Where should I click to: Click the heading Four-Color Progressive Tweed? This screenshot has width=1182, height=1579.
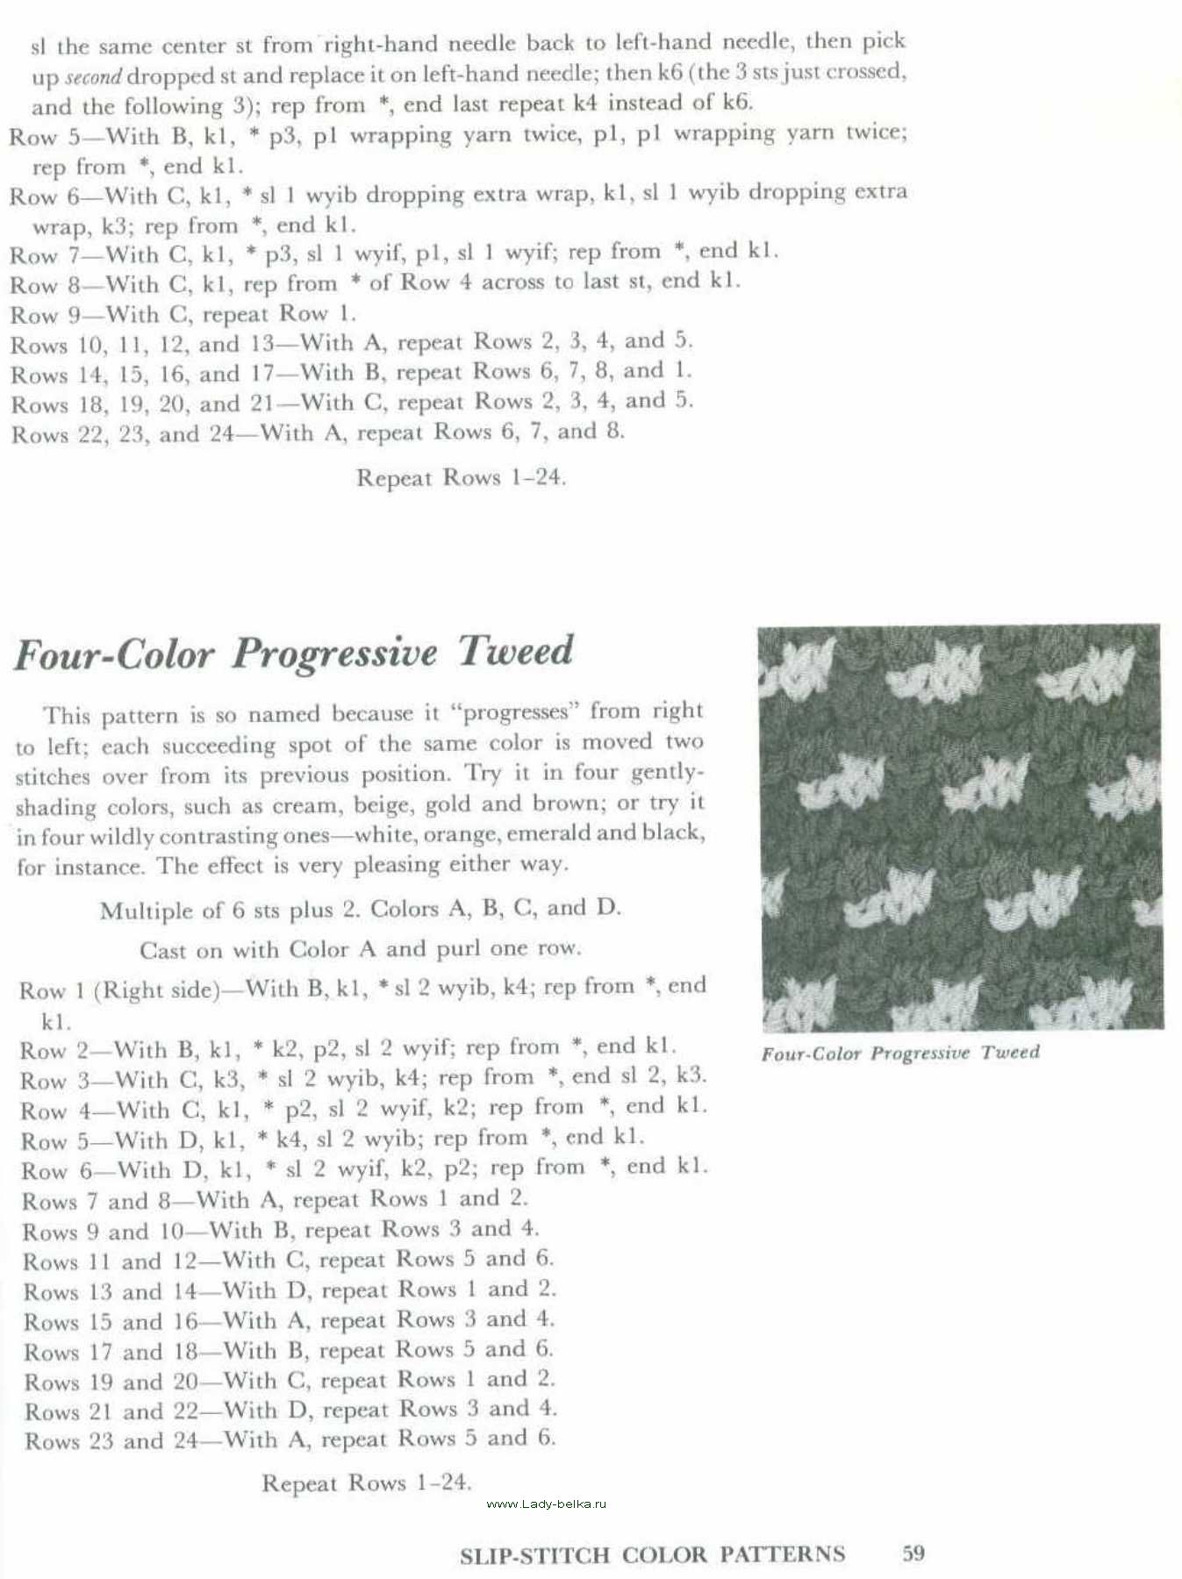click(294, 654)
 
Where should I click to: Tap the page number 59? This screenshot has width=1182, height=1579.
click(913, 1553)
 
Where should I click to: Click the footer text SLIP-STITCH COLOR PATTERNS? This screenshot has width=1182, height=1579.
click(652, 1554)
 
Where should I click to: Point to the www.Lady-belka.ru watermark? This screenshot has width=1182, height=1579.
click(546, 1504)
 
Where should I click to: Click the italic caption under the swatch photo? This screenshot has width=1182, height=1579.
click(899, 1053)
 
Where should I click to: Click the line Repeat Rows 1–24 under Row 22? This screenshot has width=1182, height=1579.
click(461, 478)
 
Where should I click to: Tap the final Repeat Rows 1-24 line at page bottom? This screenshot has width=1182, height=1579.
click(367, 1483)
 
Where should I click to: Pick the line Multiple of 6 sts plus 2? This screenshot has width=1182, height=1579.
click(360, 910)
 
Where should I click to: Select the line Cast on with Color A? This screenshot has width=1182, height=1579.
click(360, 950)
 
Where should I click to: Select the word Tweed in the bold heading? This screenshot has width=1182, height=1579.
click(515, 651)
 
